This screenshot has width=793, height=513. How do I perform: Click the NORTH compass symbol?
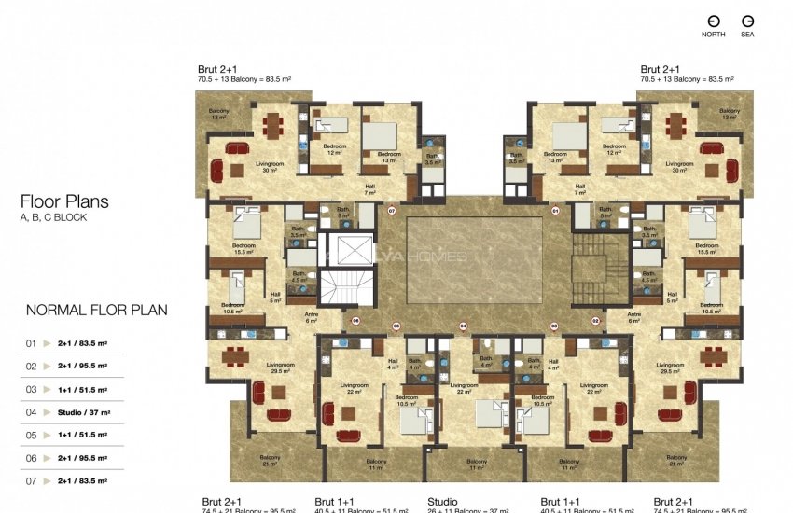pyautogui.click(x=713, y=21)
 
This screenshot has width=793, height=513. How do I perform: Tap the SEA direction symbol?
pyautogui.click(x=747, y=21)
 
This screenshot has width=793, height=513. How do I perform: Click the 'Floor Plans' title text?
pyautogui.click(x=64, y=201)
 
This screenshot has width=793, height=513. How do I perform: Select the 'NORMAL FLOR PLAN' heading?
pyautogui.click(x=96, y=311)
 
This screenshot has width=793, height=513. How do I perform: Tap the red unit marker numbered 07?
pyautogui.click(x=392, y=211)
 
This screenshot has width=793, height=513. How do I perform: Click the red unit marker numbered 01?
pyautogui.click(x=555, y=211)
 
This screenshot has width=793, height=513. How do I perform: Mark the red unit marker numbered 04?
pyautogui.click(x=463, y=326)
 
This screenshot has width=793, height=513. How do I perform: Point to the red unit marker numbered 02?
pyautogui.click(x=595, y=320)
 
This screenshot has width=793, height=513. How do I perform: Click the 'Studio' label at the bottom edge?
pyautogui.click(x=442, y=502)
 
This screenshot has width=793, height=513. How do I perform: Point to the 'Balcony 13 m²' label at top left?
pyautogui.click(x=219, y=114)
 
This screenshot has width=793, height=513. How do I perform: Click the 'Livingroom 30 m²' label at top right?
pyautogui.click(x=679, y=166)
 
